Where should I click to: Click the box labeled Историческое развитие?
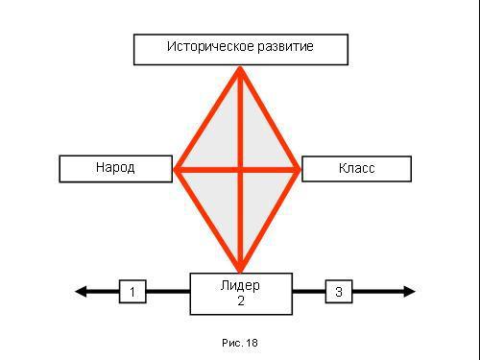tap(240, 49)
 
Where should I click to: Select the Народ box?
tap(115, 168)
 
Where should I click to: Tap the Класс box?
tap(356, 168)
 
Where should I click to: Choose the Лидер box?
tap(241, 293)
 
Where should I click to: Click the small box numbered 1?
tap(132, 291)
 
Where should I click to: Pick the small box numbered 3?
tap(338, 291)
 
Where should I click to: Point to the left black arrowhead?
tap(82, 291)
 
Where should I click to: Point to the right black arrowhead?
tap(408, 291)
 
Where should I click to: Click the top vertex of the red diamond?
tap(240, 68)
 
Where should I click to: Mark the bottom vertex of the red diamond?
tap(240, 271)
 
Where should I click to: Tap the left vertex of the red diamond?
tap(176, 170)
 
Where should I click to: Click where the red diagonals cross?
tap(240, 170)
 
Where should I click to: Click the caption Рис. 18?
tap(240, 343)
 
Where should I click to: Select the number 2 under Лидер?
tap(241, 300)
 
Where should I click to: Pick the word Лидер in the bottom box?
tap(240, 286)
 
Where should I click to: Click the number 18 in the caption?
tap(252, 343)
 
